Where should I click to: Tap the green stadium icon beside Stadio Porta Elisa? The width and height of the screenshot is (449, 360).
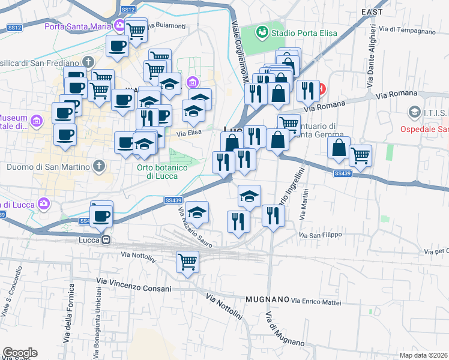[262, 31]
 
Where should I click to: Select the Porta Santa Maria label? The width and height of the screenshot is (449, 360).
[79, 26]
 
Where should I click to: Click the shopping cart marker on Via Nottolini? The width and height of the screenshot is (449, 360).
[187, 262]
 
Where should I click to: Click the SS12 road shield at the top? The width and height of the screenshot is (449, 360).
[127, 10]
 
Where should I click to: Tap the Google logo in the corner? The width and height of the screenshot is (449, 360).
[20, 353]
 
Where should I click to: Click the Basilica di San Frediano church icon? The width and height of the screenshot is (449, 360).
[88, 62]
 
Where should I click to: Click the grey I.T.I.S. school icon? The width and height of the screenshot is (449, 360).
[413, 112]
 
